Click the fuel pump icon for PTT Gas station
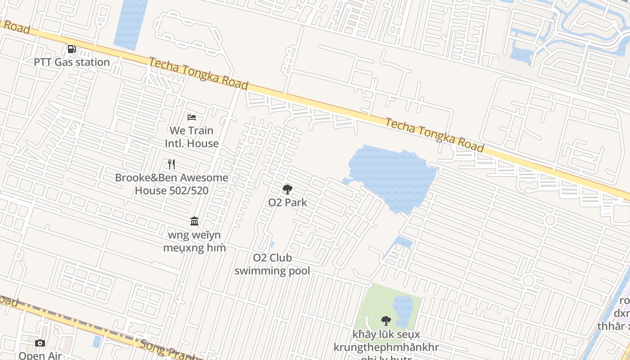[72, 49]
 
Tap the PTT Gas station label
[72, 62]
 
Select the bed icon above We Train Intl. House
[192, 117]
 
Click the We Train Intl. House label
[192, 137]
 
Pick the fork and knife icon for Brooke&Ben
[171, 164]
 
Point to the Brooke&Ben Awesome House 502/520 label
[171, 184]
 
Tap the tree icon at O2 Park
[288, 189]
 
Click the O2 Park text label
[288, 202]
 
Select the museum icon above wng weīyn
[194, 221]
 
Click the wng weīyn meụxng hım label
[194, 242]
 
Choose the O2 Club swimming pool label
[272, 264]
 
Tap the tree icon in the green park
[386, 320]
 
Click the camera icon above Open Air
[40, 343]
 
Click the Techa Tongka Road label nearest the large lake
[435, 135]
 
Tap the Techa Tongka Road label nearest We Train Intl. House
[198, 73]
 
